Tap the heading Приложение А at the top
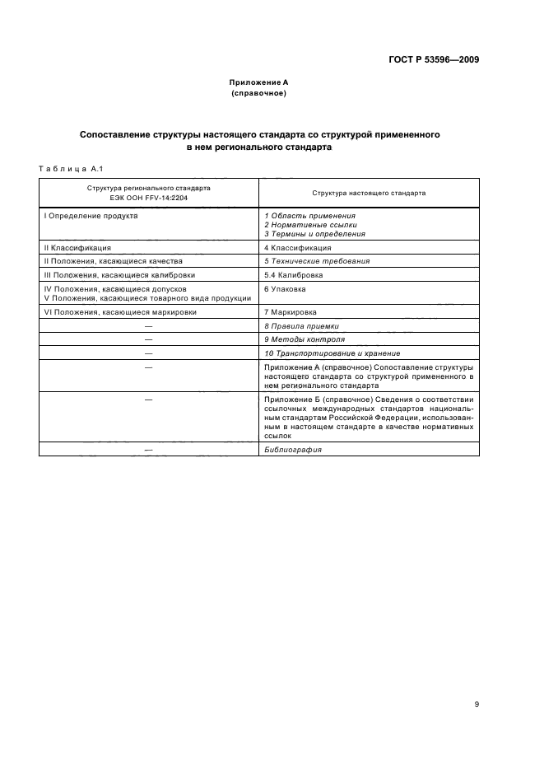click(x=258, y=82)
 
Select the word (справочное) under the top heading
click(x=258, y=93)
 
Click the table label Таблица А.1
click(x=69, y=169)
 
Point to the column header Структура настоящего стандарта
click(x=369, y=193)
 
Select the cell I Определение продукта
click(x=91, y=215)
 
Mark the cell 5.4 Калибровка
click(x=293, y=274)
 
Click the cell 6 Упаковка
click(x=286, y=289)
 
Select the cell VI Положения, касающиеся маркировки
click(x=119, y=312)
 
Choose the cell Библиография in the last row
click(x=293, y=450)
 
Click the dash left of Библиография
click(x=149, y=450)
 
